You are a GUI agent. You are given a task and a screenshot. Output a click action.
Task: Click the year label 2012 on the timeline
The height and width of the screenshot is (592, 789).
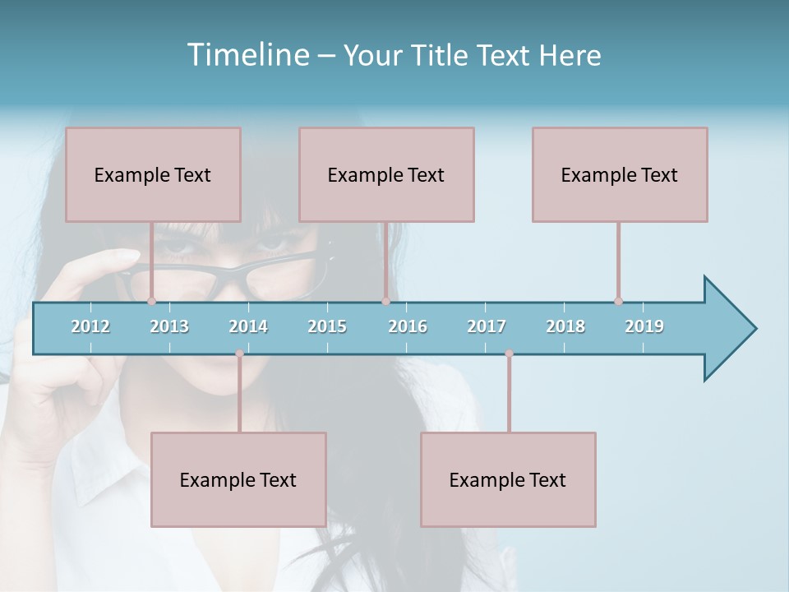pos(90,326)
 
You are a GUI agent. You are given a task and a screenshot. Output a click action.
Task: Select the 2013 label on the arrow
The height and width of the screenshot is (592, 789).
pos(169,326)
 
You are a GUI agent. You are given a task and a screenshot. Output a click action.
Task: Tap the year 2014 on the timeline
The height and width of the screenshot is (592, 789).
pos(248,326)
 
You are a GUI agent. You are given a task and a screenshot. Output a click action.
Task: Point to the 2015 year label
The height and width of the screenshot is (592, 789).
pos(327,326)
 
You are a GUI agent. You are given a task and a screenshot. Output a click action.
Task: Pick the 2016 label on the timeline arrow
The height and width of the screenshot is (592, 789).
pos(408,326)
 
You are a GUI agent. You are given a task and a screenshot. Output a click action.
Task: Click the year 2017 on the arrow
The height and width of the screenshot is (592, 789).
pos(487,326)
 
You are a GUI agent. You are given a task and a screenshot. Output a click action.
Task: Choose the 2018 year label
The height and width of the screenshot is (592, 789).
pos(565,326)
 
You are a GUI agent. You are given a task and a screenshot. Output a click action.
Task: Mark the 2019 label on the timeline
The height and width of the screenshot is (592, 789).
pos(644,326)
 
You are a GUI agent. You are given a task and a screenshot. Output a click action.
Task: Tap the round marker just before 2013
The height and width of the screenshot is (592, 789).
pos(151,302)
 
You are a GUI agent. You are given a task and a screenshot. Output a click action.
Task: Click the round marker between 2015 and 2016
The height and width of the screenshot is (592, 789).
pos(385,302)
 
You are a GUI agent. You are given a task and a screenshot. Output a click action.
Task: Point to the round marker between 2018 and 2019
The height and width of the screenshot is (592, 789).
pos(618,302)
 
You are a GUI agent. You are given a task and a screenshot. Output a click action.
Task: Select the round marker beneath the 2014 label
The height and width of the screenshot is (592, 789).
pos(239,354)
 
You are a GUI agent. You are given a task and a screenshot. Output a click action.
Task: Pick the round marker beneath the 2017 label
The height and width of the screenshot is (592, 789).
pos(509,354)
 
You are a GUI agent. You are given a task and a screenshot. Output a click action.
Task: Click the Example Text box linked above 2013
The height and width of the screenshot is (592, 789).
pos(153,174)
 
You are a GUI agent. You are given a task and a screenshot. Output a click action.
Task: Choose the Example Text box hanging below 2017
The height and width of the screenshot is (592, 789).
pos(508,479)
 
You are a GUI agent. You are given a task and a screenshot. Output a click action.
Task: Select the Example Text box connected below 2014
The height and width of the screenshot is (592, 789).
pos(238,479)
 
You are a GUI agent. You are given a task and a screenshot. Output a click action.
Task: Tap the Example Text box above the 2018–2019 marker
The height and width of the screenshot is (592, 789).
pos(620,174)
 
